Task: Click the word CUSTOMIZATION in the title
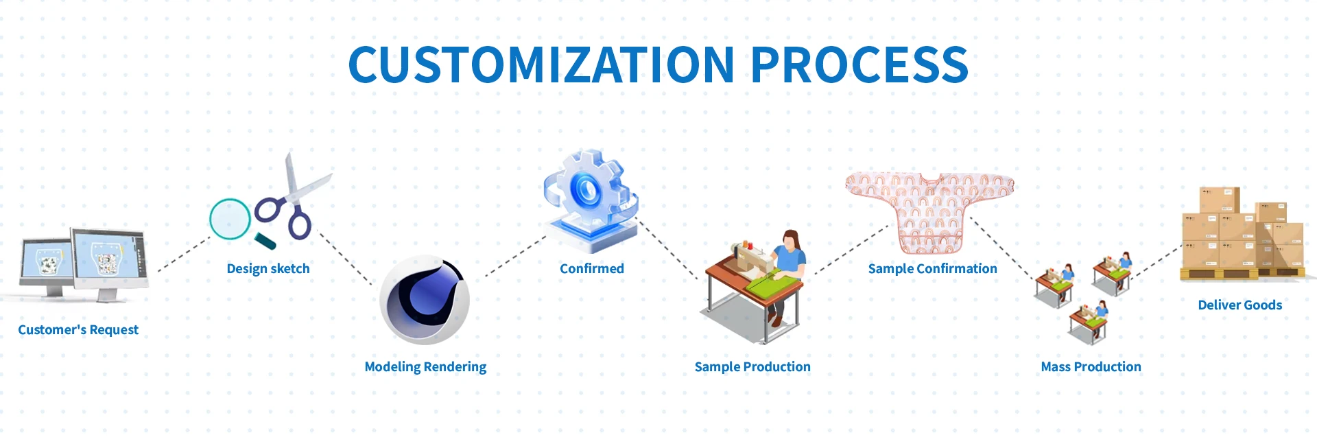tap(542, 64)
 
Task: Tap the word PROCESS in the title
tap(859, 64)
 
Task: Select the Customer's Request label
tap(78, 330)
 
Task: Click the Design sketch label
tap(268, 268)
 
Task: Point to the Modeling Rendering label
tap(425, 367)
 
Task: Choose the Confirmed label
tap(592, 268)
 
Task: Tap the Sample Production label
tap(752, 366)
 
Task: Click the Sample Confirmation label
tap(933, 268)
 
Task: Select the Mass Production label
tap(1091, 366)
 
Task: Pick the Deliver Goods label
tap(1240, 305)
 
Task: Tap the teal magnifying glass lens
tap(230, 219)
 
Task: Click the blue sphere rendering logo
tap(425, 300)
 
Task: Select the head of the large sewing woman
tap(791, 239)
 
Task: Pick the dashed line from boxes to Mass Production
tap(1156, 263)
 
